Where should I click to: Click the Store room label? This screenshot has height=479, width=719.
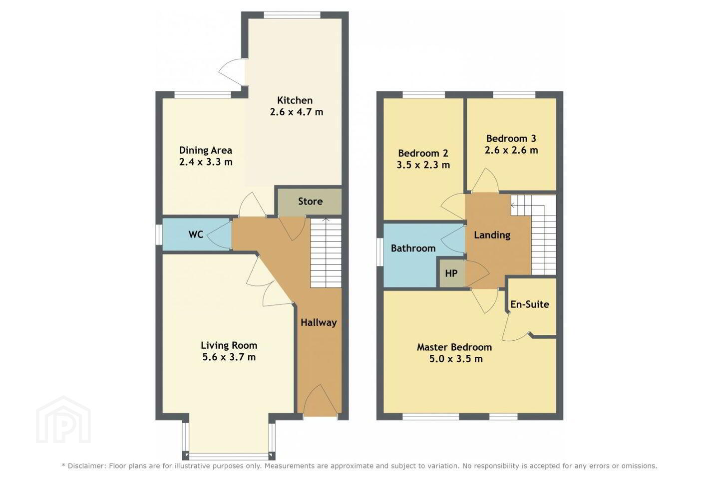pos(310,202)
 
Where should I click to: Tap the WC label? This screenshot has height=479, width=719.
pos(196,235)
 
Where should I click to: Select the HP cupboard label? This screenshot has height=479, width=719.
pos(451,273)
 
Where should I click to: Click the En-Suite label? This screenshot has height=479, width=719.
pos(530,304)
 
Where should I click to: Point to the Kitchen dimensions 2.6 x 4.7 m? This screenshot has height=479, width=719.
pos(296,112)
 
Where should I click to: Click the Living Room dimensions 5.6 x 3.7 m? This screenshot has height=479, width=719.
pos(229,357)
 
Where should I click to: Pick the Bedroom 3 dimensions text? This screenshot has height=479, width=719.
pos(511,150)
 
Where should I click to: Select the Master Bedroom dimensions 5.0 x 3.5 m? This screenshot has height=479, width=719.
pos(456,359)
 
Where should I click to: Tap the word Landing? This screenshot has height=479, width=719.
pos(492,235)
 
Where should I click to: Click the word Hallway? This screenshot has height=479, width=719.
pos(319,322)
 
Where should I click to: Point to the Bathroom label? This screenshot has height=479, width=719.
pos(413,248)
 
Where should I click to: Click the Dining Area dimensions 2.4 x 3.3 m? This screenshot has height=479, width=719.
pos(205,162)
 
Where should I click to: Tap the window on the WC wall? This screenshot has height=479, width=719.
pos(159,235)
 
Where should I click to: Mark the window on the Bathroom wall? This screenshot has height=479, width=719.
pos(380,252)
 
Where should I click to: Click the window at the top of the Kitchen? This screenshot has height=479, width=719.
pos(292,15)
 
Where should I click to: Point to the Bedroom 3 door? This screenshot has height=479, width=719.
pos(485,180)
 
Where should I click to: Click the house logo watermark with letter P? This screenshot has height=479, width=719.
pos(63,420)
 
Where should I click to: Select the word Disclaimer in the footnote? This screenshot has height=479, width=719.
pos(86,466)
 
